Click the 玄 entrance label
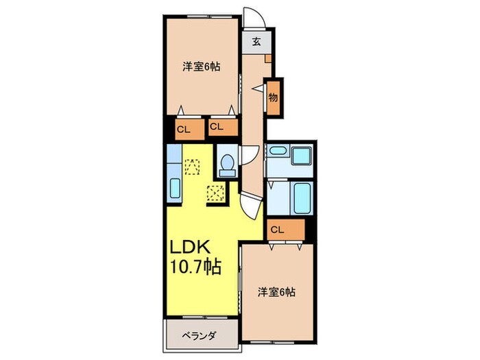pyautogui.click(x=256, y=41)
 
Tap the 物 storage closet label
pyautogui.click(x=272, y=96)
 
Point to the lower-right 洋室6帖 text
pyautogui.click(x=277, y=291)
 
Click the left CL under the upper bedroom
pyautogui.click(x=184, y=128)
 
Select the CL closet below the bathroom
pyautogui.click(x=277, y=230)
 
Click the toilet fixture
pyautogui.click(x=228, y=164)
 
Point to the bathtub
pyautogui.click(x=300, y=197)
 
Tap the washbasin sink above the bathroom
pyautogui.click(x=300, y=155)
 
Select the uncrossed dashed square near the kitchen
pyautogui.click(x=192, y=166)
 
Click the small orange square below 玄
pyautogui.click(x=267, y=58)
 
